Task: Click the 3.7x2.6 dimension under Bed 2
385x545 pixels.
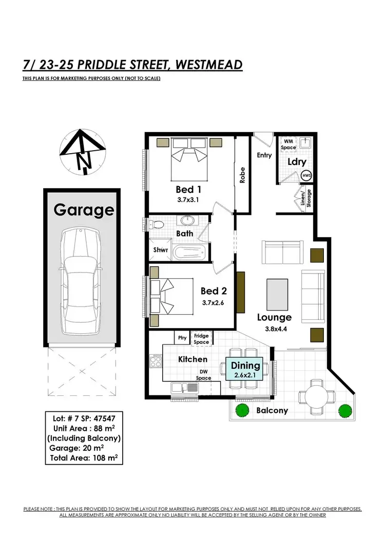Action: click(x=214, y=303)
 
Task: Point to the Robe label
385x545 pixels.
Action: click(x=242, y=175)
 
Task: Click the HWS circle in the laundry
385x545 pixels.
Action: click(x=307, y=175)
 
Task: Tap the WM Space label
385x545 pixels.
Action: click(x=288, y=144)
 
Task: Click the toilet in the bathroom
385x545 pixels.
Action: click(x=158, y=224)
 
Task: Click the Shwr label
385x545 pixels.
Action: click(x=160, y=250)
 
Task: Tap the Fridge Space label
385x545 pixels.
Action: click(x=201, y=338)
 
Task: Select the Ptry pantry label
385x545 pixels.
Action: click(x=181, y=338)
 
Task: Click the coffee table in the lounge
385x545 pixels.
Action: click(x=277, y=294)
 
